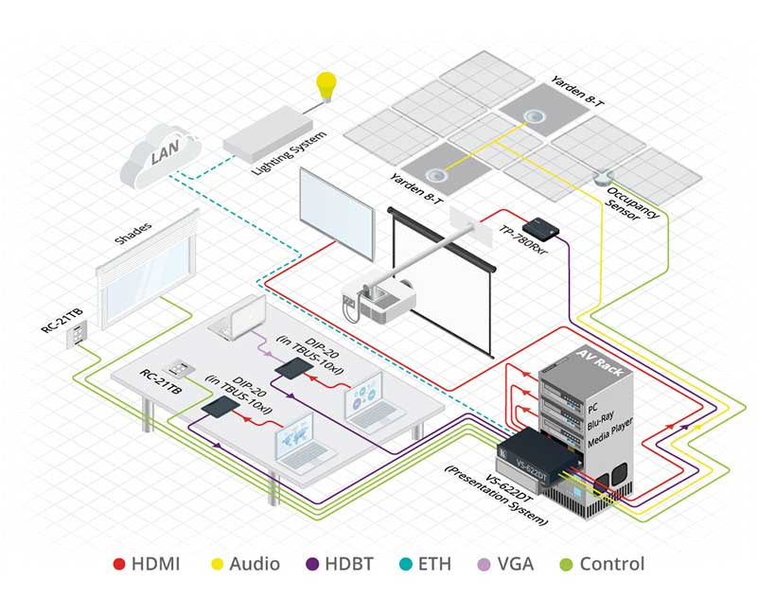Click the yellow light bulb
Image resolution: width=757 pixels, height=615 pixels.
pyautogui.click(x=326, y=86)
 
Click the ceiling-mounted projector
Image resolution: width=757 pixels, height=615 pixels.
pyautogui.click(x=387, y=301)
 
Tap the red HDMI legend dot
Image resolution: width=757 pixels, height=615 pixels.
pyautogui.click(x=119, y=565)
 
